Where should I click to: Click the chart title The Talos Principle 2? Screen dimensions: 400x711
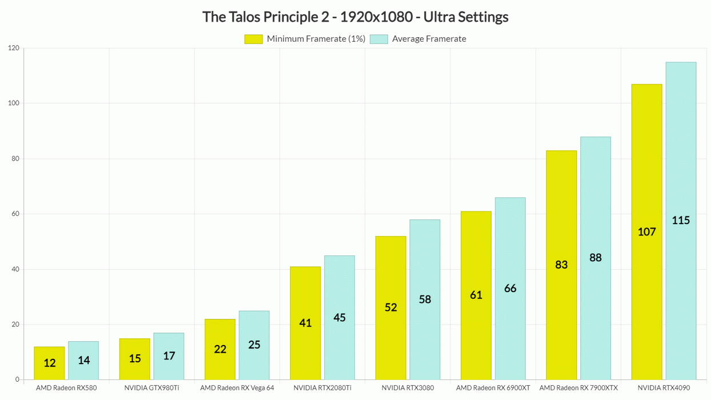click(x=355, y=17)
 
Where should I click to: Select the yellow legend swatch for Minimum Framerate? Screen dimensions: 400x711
click(x=253, y=39)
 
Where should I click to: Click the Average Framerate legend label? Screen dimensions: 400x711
click(x=429, y=39)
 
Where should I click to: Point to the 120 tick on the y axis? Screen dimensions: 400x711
click(x=14, y=49)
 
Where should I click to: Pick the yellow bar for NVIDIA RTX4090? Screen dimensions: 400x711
click(x=646, y=231)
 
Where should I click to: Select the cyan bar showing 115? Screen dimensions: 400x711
click(x=681, y=221)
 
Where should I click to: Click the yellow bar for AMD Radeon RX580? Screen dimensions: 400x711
click(x=49, y=363)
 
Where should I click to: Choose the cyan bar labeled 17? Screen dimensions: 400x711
click(x=169, y=356)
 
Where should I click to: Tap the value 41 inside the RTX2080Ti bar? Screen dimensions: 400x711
click(x=305, y=323)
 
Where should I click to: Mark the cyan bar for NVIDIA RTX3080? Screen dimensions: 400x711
click(x=425, y=299)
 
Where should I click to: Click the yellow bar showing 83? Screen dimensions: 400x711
click(x=561, y=265)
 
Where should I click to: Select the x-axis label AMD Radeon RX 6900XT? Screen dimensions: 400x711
click(x=493, y=388)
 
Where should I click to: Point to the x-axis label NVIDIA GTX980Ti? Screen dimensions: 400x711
click(x=151, y=388)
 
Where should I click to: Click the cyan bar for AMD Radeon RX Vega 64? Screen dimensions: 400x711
click(x=254, y=345)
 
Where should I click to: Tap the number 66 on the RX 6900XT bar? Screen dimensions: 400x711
click(x=510, y=289)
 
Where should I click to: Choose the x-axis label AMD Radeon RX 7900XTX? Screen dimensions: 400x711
click(x=578, y=388)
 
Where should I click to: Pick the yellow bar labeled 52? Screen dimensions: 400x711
click(x=390, y=307)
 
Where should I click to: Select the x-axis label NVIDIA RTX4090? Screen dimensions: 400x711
click(x=664, y=388)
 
